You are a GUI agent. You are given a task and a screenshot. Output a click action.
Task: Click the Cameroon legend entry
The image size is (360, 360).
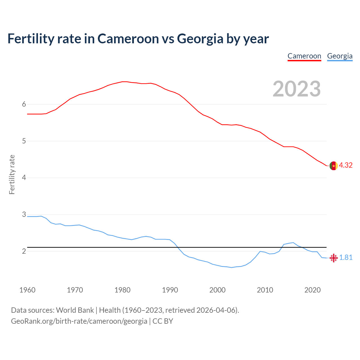[x=304, y=56]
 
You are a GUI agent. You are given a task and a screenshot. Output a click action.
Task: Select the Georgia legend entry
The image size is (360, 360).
[x=340, y=56]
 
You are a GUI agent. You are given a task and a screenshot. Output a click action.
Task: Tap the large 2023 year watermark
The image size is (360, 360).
[x=297, y=89]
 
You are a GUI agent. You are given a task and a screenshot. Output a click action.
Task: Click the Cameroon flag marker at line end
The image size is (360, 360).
[x=334, y=166]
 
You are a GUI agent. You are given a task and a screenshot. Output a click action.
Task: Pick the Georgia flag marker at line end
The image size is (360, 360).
[x=334, y=258]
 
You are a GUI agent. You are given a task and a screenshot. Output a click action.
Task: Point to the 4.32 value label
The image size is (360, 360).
[x=346, y=165]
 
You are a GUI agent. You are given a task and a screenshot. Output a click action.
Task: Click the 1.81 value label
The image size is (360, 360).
[x=346, y=258]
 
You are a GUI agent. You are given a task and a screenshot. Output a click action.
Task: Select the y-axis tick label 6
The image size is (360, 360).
[x=24, y=104]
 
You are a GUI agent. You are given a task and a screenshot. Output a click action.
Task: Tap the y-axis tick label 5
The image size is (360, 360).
[x=24, y=141]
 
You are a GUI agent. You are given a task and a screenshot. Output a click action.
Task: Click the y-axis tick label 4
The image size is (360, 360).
[x=24, y=178]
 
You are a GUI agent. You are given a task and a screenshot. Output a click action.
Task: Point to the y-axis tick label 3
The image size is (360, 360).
[x=24, y=215]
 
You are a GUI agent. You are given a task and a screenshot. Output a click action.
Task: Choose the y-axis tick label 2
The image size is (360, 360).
[x=24, y=251]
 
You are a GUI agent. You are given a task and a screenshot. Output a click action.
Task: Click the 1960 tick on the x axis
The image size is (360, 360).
[x=27, y=290]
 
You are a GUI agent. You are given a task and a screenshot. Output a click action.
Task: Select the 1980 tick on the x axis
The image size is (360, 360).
[x=122, y=290]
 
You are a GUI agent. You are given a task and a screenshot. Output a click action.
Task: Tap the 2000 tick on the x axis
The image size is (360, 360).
[x=217, y=290]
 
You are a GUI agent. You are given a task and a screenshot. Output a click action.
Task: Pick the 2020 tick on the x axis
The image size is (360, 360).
[x=312, y=290]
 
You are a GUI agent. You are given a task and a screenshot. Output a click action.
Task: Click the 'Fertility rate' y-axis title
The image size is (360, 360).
[x=12, y=174]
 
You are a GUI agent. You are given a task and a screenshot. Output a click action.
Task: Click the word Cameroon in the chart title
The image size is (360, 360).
[x=128, y=39]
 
